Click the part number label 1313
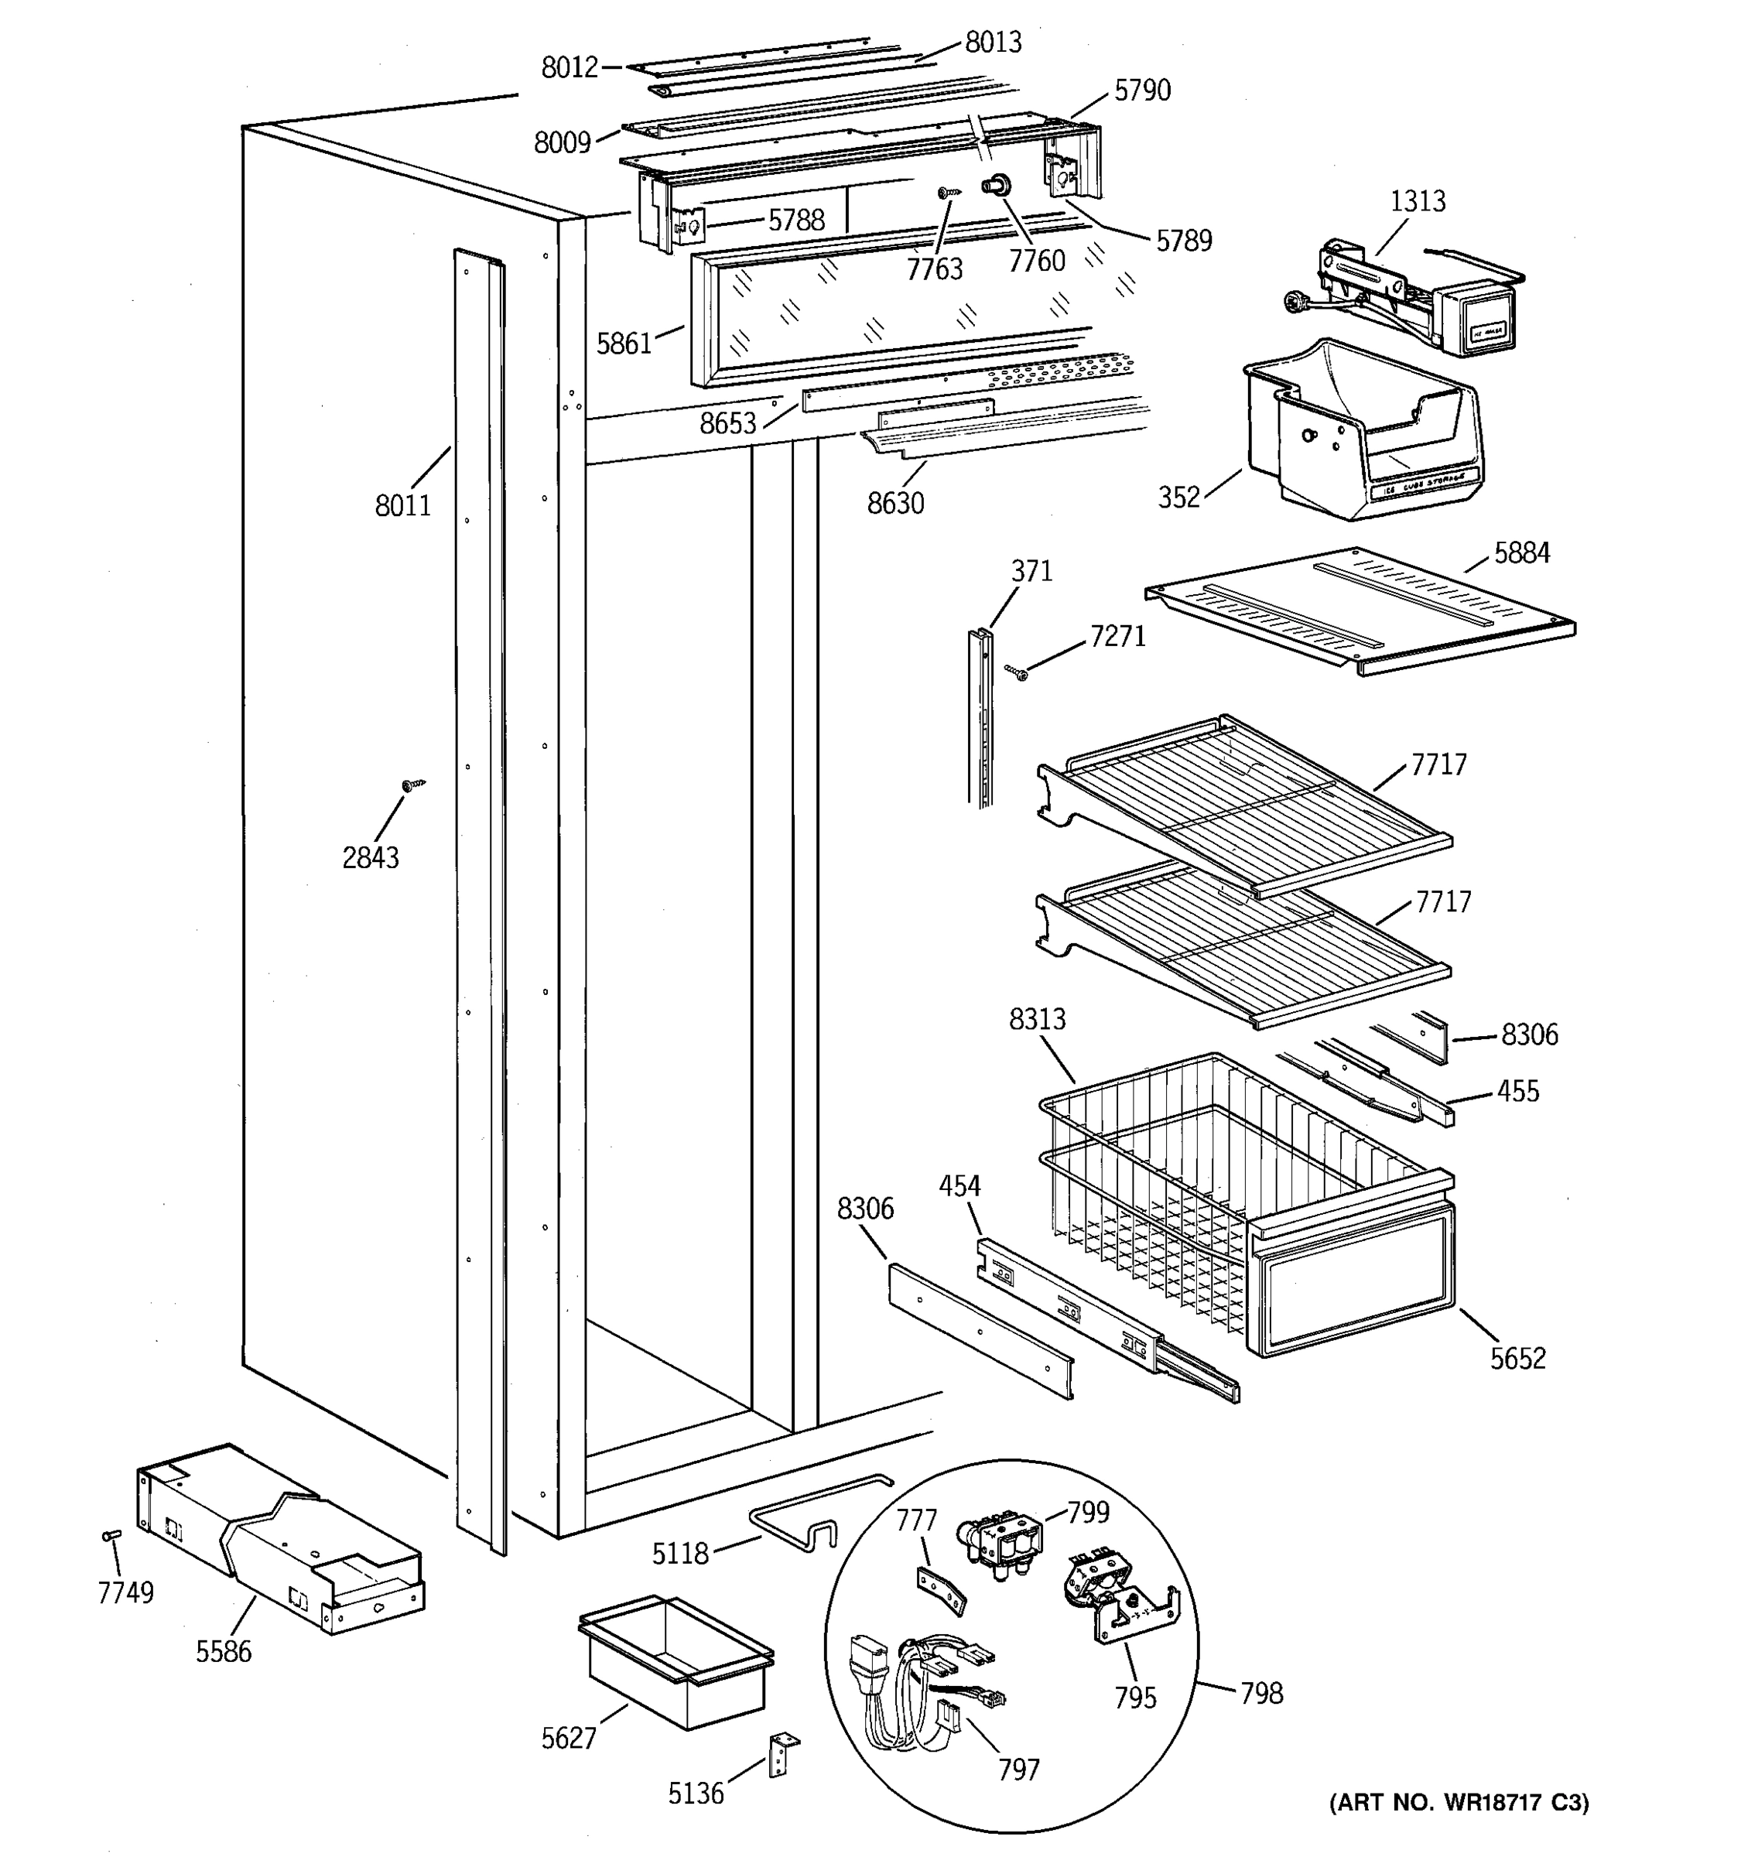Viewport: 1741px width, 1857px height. [x=1417, y=201]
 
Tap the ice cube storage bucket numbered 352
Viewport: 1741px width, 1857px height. [x=1363, y=429]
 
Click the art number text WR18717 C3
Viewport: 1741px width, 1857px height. [x=1458, y=1802]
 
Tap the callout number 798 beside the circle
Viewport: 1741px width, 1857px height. [x=1261, y=1693]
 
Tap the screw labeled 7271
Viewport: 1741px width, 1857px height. [x=1016, y=672]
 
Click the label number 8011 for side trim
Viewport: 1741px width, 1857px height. [x=402, y=505]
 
